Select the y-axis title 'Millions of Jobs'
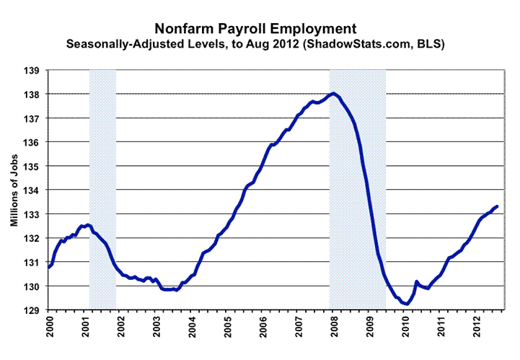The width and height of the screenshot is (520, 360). pos(14,190)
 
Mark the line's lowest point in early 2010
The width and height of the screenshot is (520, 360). pos(407,304)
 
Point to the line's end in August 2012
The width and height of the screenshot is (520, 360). pos(498,207)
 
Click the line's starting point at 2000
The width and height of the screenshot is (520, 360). pos(48,267)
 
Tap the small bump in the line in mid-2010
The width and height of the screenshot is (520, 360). pos(417,282)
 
